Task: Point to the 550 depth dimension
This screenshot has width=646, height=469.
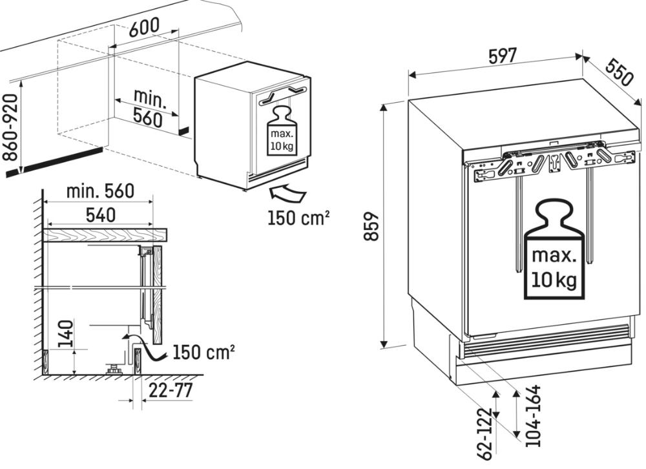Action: (x=618, y=73)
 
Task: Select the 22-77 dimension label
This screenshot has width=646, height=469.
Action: (x=170, y=390)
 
